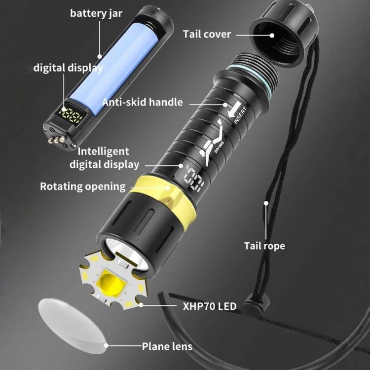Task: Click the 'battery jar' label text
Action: (x=96, y=13)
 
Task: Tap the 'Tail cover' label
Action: (x=207, y=35)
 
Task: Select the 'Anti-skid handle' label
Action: (x=143, y=103)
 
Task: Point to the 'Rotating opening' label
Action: (x=83, y=186)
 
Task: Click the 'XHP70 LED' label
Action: (x=210, y=306)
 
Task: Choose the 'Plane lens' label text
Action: (x=167, y=346)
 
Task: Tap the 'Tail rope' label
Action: (x=264, y=246)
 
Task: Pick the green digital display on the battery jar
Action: (x=71, y=114)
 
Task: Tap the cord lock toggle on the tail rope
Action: (x=256, y=304)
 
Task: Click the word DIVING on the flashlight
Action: (x=219, y=147)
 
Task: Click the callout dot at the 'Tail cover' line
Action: (x=272, y=36)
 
